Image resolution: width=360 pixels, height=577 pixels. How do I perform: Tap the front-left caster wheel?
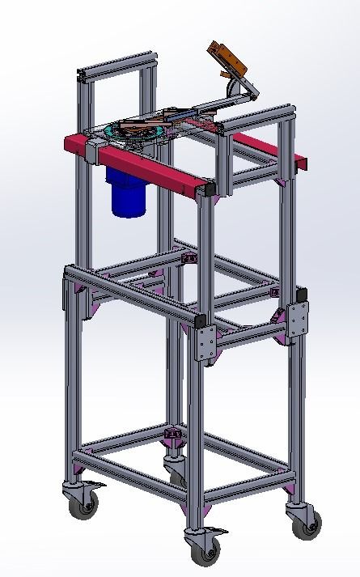coord(81,505)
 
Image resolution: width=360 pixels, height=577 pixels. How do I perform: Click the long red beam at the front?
coord(146,167)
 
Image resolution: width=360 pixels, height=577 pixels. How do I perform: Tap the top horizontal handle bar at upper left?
coord(117,65)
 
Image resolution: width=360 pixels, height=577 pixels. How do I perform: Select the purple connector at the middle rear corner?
coord(190,259)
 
